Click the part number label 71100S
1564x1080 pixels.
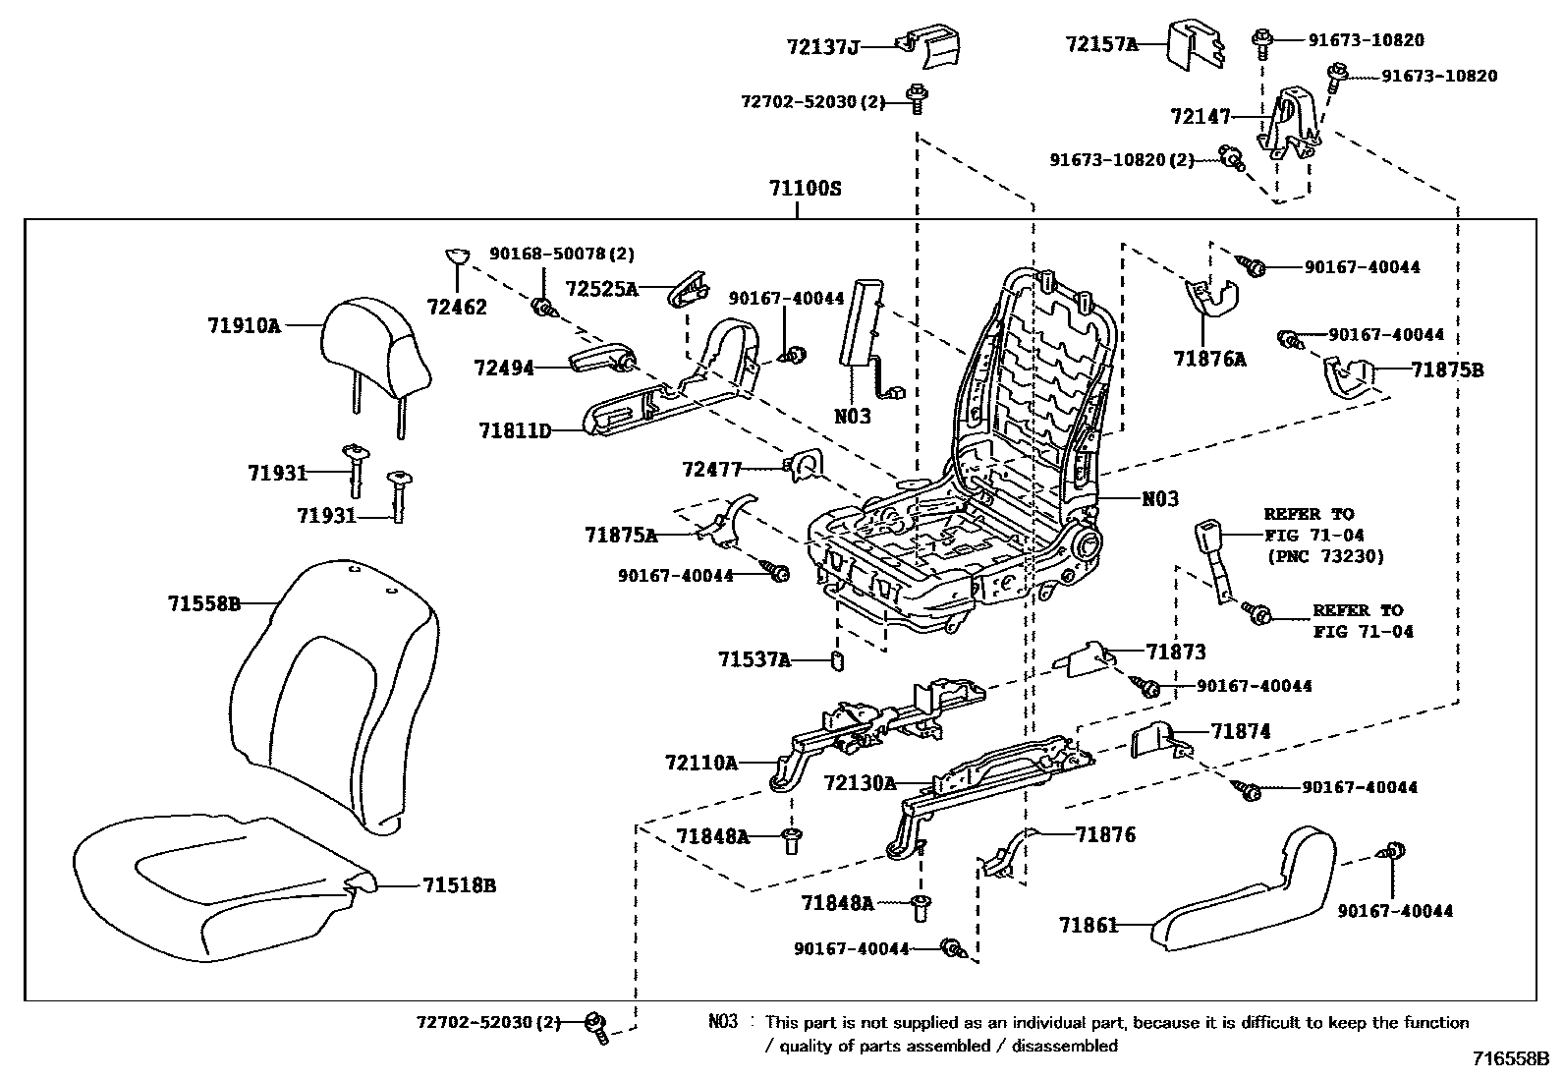(805, 189)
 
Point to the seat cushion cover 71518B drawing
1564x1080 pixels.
(225, 887)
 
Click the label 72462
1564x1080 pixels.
(457, 307)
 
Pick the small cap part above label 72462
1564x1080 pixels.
(458, 256)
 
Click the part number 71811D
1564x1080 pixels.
(515, 431)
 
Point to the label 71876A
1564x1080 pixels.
(1209, 359)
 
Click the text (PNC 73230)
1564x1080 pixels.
(1324, 557)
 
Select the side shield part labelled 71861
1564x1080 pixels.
(1244, 888)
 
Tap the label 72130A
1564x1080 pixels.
(860, 783)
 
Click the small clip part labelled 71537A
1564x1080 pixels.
(837, 660)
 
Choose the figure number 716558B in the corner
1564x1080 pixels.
(1511, 1059)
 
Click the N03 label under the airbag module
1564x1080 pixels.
(853, 417)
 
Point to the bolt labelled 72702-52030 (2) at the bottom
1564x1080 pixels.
(597, 1028)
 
